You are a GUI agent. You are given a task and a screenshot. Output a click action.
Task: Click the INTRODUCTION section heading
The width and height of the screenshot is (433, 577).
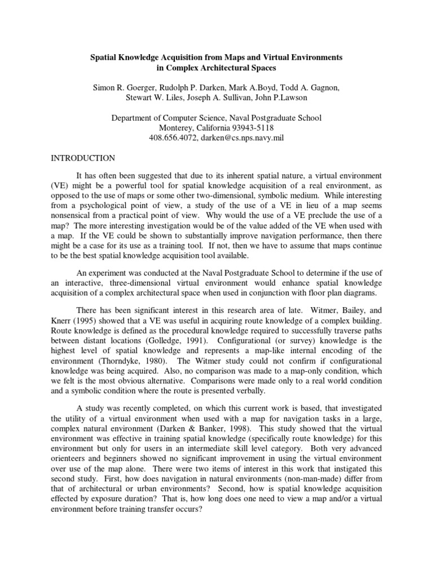(83, 158)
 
